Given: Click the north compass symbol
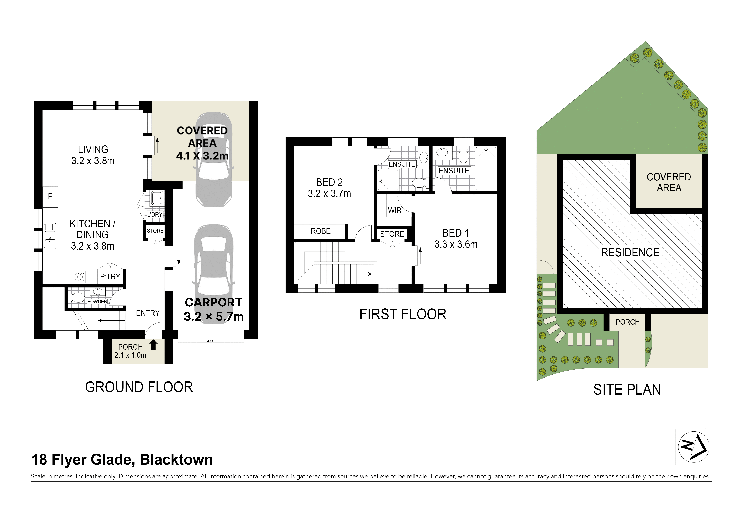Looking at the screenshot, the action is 694,447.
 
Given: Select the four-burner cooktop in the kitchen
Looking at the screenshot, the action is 80,277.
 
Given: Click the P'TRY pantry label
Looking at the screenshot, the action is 110,277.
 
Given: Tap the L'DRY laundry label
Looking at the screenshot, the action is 155,214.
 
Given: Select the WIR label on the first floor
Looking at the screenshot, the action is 395,211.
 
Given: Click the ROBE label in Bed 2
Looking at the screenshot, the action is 321,231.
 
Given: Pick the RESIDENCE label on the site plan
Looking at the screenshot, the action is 630,252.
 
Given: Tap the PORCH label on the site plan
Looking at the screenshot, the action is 628,322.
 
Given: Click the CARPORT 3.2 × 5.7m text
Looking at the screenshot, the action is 214,309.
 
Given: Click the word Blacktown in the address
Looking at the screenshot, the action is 176,460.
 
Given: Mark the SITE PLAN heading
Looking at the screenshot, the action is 627,390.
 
